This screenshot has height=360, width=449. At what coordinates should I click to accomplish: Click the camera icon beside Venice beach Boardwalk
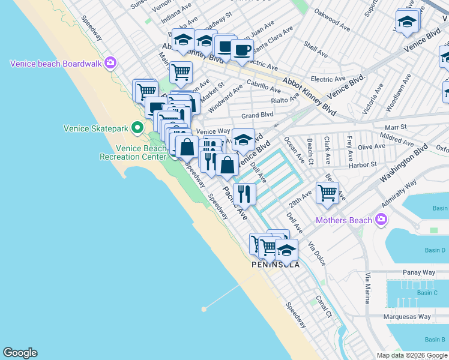click(x=110, y=62)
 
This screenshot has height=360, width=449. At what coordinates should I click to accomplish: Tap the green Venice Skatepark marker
click(x=137, y=127)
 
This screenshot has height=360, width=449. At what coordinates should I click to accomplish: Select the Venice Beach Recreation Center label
click(x=133, y=152)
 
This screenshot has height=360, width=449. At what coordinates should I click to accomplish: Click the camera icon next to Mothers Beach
click(x=381, y=220)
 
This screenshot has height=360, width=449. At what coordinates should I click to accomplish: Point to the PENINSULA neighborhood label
click(x=276, y=264)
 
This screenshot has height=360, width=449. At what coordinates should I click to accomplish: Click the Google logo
click(x=20, y=353)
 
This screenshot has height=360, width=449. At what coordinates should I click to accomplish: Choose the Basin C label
click(x=427, y=293)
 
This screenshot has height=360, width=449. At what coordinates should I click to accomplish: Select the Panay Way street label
click(x=419, y=272)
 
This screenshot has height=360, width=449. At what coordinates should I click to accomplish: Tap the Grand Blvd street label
click(x=257, y=114)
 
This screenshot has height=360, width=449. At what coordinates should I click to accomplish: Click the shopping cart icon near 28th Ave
click(x=327, y=193)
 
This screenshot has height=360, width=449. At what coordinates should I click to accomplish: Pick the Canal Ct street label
click(x=324, y=306)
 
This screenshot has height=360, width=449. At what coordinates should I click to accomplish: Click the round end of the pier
click(x=204, y=310)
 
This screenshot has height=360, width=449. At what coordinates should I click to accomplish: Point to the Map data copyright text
click(x=411, y=355)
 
